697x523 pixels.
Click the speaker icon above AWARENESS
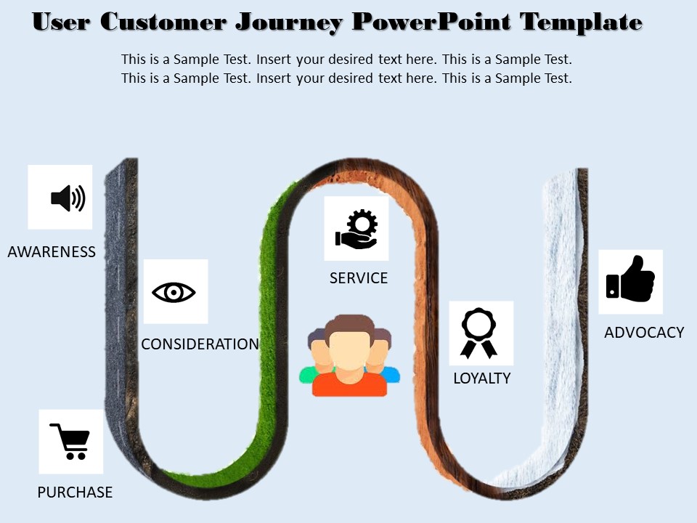[x=68, y=198]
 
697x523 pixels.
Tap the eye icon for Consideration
[x=174, y=292]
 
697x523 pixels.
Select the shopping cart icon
[x=70, y=441]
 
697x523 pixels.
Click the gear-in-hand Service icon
[x=356, y=229]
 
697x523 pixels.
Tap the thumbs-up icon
[x=630, y=280]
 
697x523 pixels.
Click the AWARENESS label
[x=52, y=252]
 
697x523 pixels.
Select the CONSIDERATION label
[x=200, y=344]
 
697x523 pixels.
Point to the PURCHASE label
[x=75, y=492]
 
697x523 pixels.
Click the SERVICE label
[x=359, y=278]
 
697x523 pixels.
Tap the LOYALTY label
[x=481, y=378]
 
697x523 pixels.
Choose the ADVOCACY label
[x=644, y=333]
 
